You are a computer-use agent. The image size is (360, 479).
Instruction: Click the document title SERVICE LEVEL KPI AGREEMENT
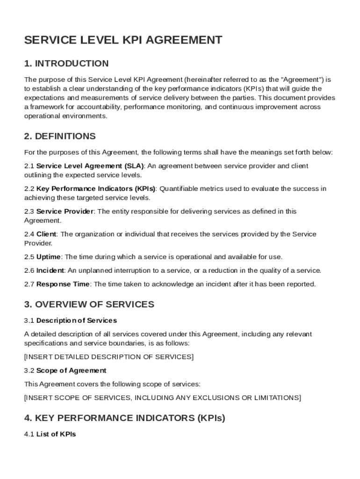pos(123,40)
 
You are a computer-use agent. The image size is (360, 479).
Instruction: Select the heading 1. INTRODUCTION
pos(66,64)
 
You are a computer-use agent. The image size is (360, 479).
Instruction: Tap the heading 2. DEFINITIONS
pos(60,137)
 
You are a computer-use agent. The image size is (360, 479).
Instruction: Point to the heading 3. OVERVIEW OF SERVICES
pos(89,305)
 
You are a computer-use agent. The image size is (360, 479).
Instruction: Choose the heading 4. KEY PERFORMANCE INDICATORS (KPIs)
pos(124,418)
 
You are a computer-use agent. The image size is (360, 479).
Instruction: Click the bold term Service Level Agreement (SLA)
pos(90,166)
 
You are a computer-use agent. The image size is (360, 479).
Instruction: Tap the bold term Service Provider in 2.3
pos(65,211)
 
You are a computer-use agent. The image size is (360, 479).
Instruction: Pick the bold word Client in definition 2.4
pos(46,234)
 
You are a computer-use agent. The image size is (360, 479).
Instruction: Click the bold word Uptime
pos(49,257)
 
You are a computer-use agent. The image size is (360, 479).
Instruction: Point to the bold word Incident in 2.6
pos(50,270)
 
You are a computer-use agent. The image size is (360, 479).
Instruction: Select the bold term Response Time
pos(63,284)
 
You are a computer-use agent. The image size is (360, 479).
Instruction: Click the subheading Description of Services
pos(76,320)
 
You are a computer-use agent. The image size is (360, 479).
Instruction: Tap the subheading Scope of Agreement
pos(71,370)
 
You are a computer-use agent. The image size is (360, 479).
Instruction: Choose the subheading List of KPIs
pos(56,434)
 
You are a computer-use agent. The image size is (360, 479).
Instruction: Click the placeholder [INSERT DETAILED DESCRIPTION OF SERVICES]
pos(108,357)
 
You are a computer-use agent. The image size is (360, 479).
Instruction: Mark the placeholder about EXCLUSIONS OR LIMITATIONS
pos(163,398)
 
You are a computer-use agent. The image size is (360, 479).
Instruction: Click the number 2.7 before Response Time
pos(29,284)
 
